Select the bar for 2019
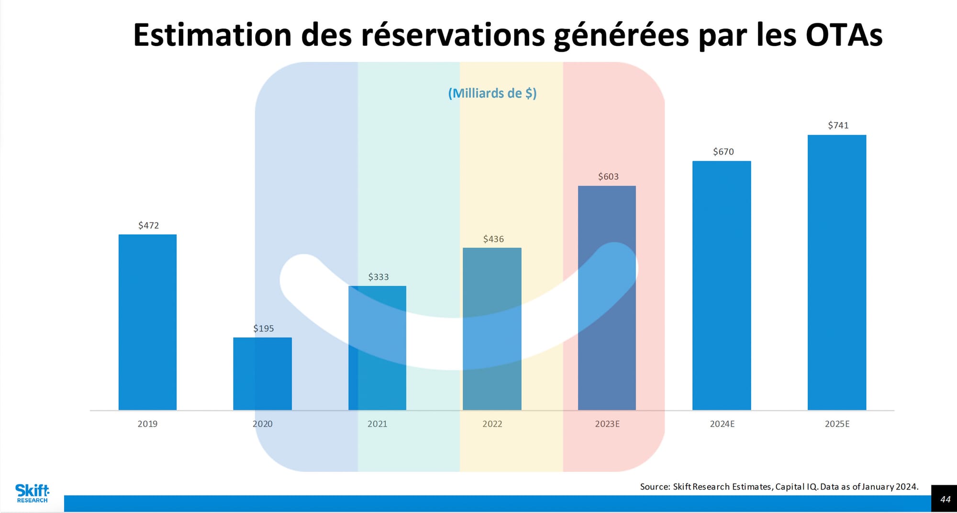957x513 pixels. [147, 322]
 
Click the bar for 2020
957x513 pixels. [262, 374]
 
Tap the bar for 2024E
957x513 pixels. [722, 285]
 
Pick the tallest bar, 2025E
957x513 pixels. [837, 272]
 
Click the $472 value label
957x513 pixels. [148, 225]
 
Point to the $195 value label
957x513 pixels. [264, 328]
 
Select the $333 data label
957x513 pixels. [378, 277]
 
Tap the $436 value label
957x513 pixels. [493, 239]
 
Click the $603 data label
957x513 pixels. [608, 177]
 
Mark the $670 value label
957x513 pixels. [723, 152]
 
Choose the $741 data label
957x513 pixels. [838, 125]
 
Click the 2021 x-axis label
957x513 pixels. [377, 424]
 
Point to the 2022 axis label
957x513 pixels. [492, 424]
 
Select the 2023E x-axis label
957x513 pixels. [607, 424]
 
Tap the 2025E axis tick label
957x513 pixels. [837, 424]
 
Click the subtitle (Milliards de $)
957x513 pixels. [492, 93]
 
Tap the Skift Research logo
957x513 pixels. [32, 493]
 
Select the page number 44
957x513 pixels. [945, 499]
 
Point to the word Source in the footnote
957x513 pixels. [655, 487]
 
